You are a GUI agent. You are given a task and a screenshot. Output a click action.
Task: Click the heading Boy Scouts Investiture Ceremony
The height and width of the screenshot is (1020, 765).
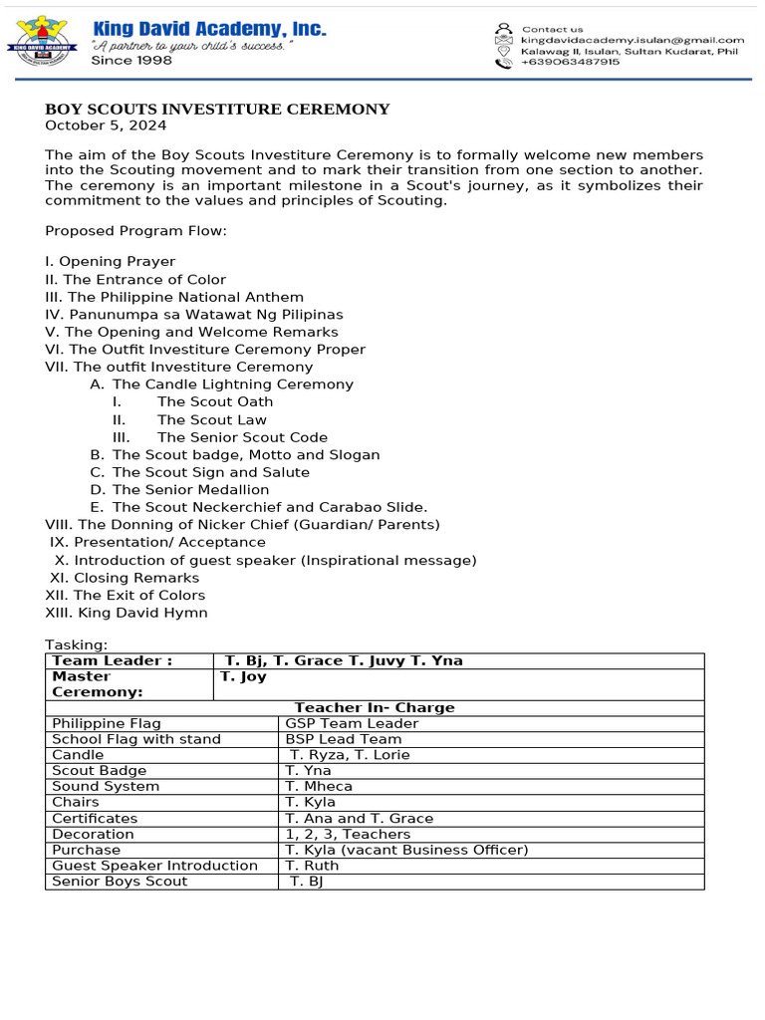coord(217,110)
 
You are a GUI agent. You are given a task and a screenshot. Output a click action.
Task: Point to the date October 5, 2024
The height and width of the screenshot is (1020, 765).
coord(106,126)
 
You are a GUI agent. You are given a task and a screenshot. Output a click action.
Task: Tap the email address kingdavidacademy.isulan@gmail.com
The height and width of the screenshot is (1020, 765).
coord(633,40)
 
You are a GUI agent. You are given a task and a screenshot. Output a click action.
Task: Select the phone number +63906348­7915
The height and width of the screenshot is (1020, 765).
coord(570,62)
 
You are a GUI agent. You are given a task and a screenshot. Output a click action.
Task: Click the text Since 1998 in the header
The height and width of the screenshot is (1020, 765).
coord(131,61)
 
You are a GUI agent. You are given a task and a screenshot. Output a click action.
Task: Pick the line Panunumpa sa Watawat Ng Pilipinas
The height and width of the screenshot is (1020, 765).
coord(193,315)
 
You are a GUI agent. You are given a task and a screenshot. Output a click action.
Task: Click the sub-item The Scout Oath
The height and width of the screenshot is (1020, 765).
coord(214,402)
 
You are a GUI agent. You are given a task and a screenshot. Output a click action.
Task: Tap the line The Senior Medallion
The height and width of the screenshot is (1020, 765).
coord(190,490)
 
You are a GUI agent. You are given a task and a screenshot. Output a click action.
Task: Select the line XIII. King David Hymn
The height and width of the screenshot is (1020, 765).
coord(127,613)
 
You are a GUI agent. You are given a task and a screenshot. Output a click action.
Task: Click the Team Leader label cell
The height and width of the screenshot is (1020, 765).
coord(112,660)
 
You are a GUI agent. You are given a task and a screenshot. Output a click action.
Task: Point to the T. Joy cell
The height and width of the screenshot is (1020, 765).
coord(243,676)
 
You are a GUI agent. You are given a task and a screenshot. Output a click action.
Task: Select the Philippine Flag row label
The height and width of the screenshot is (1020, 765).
coord(107,723)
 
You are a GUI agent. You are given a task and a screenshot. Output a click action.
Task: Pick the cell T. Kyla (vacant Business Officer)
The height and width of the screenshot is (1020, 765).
coord(406,850)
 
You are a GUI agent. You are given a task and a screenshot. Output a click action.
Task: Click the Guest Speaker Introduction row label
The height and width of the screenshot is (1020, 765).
coord(154,866)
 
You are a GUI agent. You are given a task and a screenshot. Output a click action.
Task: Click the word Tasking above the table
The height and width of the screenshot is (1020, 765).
coord(77,645)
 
